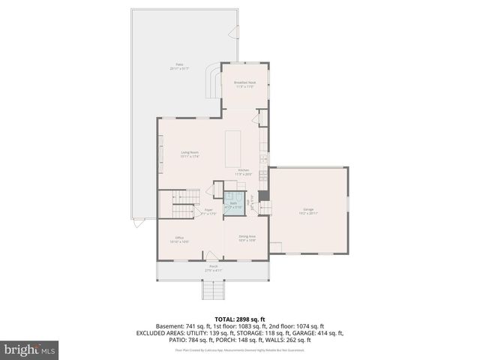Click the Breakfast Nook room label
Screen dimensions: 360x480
click(x=245, y=84)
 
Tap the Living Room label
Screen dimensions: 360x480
click(x=189, y=154)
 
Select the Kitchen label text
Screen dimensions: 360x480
click(x=243, y=172)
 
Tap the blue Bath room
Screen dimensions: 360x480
click(x=233, y=205)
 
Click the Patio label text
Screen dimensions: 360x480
click(x=180, y=67)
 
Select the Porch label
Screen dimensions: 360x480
click(x=213, y=268)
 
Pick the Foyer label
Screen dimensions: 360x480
click(x=208, y=211)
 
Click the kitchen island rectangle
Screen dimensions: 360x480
click(x=235, y=148)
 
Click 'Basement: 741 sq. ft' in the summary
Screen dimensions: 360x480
click(x=184, y=326)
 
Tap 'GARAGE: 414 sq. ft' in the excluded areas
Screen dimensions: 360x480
click(x=318, y=333)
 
